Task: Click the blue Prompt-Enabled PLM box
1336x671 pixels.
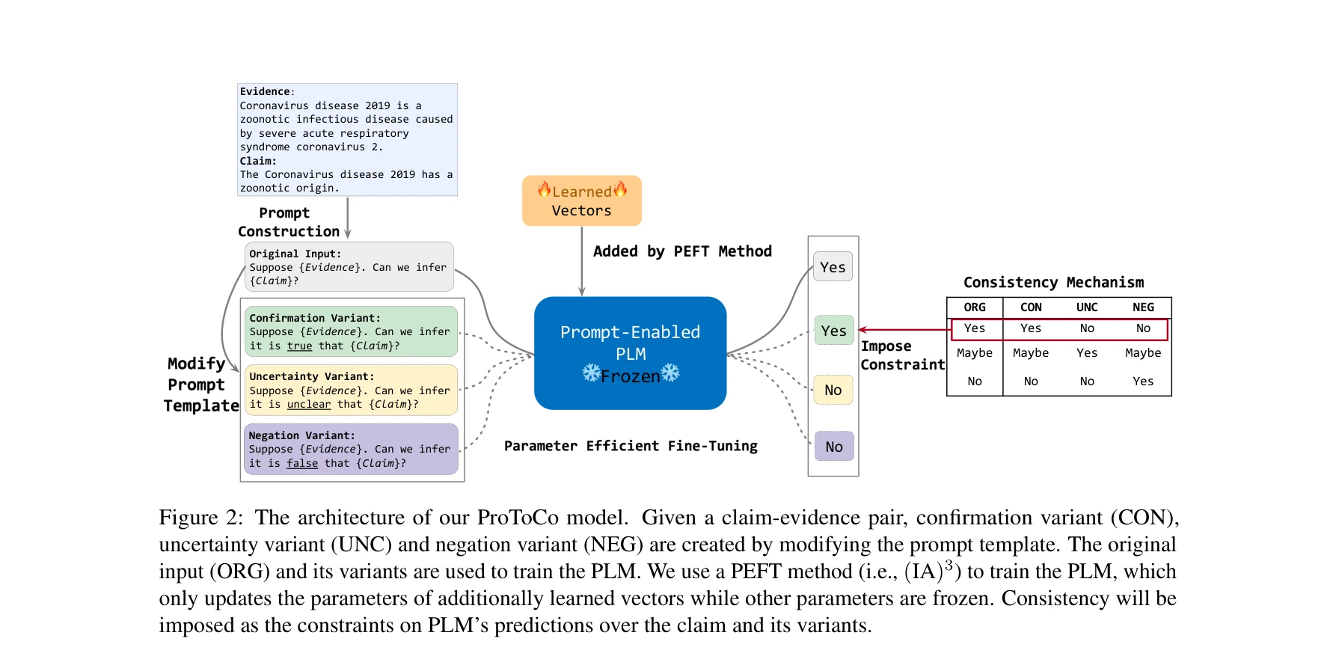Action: pyautogui.click(x=630, y=353)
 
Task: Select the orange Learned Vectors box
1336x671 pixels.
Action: pyautogui.click(x=581, y=200)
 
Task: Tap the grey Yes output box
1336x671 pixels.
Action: pyautogui.click(x=833, y=267)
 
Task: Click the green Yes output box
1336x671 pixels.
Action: pyautogui.click(x=833, y=331)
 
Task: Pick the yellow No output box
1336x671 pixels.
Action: pyautogui.click(x=833, y=390)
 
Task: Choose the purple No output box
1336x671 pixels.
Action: pyautogui.click(x=833, y=447)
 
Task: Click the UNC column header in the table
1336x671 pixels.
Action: pyautogui.click(x=1086, y=307)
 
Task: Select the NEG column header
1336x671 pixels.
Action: pyautogui.click(x=1142, y=307)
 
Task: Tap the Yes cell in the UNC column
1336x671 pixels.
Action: pyautogui.click(x=1086, y=353)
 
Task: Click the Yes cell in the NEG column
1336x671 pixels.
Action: pyautogui.click(x=1142, y=382)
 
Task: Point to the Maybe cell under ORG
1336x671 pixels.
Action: pyautogui.click(x=974, y=353)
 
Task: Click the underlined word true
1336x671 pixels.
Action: pyautogui.click(x=299, y=346)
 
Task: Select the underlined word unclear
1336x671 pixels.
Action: pyautogui.click(x=308, y=404)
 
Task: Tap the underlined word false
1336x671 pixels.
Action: pyautogui.click(x=302, y=463)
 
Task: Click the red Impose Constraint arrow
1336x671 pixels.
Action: pyautogui.click(x=901, y=329)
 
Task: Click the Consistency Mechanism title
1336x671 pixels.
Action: pyautogui.click(x=1052, y=283)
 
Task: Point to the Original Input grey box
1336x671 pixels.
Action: pyautogui.click(x=349, y=267)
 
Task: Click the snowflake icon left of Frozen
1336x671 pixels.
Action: pyautogui.click(x=591, y=373)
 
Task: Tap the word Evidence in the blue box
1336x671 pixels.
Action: pyautogui.click(x=264, y=91)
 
